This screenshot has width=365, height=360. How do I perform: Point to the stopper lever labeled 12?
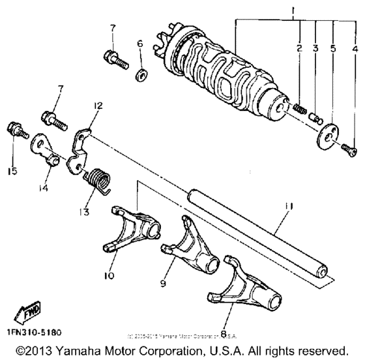pos(81,148)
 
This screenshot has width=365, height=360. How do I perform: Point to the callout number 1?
pos(239,12)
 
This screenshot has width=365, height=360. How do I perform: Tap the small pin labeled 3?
pos(314,117)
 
